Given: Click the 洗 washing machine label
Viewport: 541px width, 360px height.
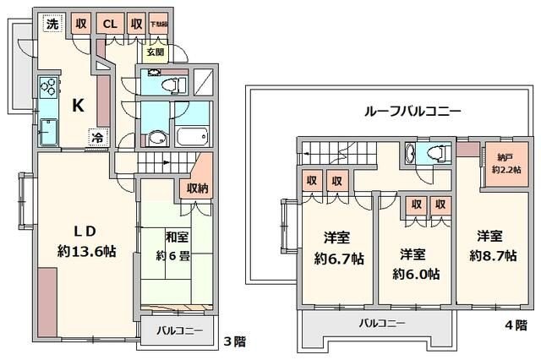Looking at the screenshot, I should [52, 24].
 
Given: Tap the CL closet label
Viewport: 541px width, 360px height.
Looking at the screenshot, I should [111, 24].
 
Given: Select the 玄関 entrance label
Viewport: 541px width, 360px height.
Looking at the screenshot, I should [156, 52].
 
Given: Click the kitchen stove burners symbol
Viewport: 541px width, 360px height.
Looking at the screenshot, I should [47, 88].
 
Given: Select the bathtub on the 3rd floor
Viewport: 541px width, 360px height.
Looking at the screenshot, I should [194, 137].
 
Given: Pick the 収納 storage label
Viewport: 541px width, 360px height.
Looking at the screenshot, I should [196, 188].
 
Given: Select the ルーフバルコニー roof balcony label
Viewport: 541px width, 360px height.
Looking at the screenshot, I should [412, 110].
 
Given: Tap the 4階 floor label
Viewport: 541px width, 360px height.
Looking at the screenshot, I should [518, 324].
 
